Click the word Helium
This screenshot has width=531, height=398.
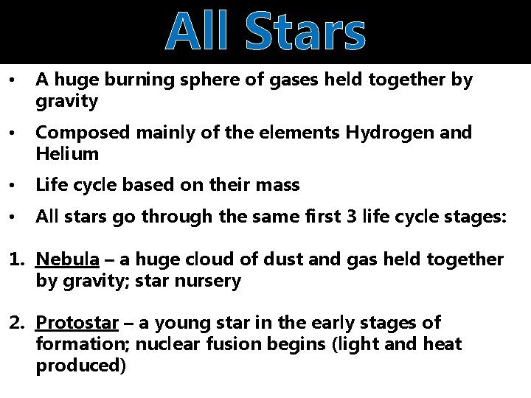pos(67,154)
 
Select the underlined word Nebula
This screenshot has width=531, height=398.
pos(68,259)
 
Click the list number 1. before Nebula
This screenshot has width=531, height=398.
pos(17,259)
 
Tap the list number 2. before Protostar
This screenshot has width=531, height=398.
pos(17,322)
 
